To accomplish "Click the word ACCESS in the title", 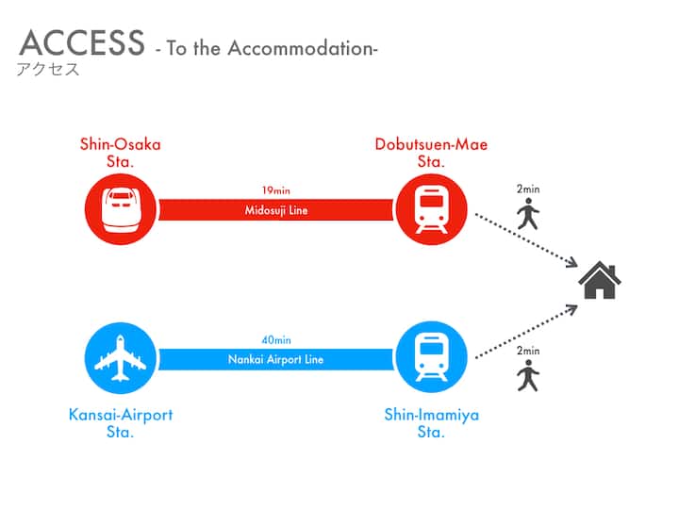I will [x=82, y=43].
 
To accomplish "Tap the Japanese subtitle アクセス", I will [x=48, y=70].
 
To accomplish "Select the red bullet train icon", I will [x=120, y=210].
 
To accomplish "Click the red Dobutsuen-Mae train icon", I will [x=431, y=209].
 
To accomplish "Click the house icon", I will [x=600, y=280].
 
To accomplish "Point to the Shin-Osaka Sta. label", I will [x=120, y=152].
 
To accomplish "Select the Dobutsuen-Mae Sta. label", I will [x=431, y=152].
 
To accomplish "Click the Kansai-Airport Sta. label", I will [x=121, y=423].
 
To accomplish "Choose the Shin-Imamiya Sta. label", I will [x=431, y=423].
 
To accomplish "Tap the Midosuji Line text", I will [x=275, y=210].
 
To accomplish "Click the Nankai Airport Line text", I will [x=275, y=359].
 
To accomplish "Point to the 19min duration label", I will [x=275, y=190].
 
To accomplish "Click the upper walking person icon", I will [x=527, y=216].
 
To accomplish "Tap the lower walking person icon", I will [x=527, y=376].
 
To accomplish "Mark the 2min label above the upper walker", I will [x=528, y=190].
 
